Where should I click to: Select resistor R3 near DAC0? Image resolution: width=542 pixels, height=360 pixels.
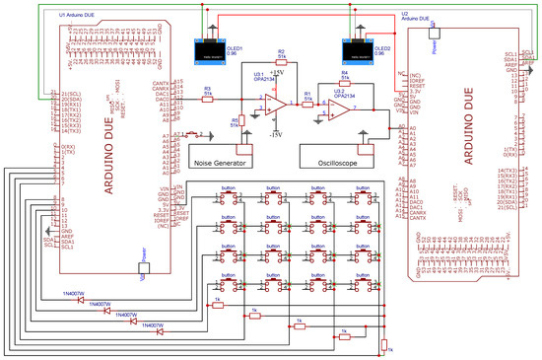pos(207,100)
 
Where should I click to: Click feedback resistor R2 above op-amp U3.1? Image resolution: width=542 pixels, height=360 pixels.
pos(281,61)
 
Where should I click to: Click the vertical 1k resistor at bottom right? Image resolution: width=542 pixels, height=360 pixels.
pos(383,342)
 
